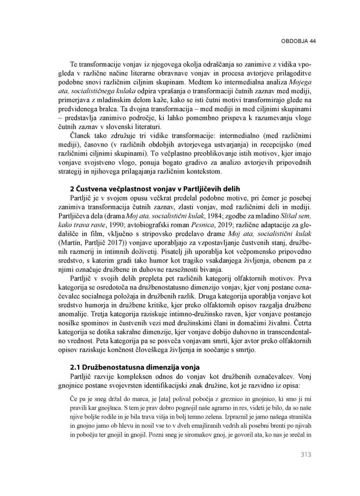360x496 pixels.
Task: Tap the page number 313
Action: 306,455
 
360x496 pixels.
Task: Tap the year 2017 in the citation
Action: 114,243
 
